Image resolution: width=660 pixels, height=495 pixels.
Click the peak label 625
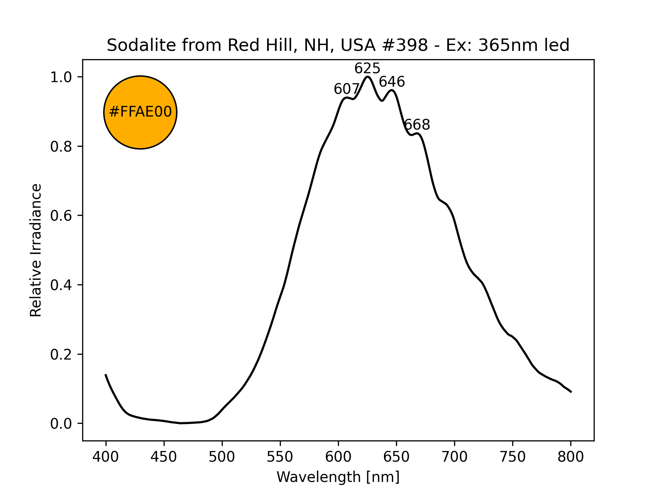pyautogui.click(x=367, y=69)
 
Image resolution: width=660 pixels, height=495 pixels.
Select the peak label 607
pyautogui.click(x=346, y=89)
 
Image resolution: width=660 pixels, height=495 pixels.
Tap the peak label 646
pyautogui.click(x=392, y=82)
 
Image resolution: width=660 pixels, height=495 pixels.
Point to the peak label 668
pyautogui.click(x=417, y=125)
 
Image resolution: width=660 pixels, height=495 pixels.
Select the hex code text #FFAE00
pyautogui.click(x=140, y=112)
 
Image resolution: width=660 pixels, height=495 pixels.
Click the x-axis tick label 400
pyautogui.click(x=106, y=457)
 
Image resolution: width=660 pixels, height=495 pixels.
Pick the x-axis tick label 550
pyautogui.click(x=280, y=457)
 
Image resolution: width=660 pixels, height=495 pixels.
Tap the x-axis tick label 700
pyautogui.click(x=454, y=457)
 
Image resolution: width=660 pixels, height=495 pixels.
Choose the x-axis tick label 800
pyautogui.click(x=571, y=457)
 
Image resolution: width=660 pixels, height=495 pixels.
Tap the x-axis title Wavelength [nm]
pyautogui.click(x=338, y=477)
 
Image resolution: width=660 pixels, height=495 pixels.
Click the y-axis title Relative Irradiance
pyautogui.click(x=36, y=250)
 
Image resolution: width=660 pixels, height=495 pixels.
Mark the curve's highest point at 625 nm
pyautogui.click(x=367, y=77)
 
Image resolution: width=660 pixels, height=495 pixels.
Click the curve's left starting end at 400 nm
pyautogui.click(x=106, y=375)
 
